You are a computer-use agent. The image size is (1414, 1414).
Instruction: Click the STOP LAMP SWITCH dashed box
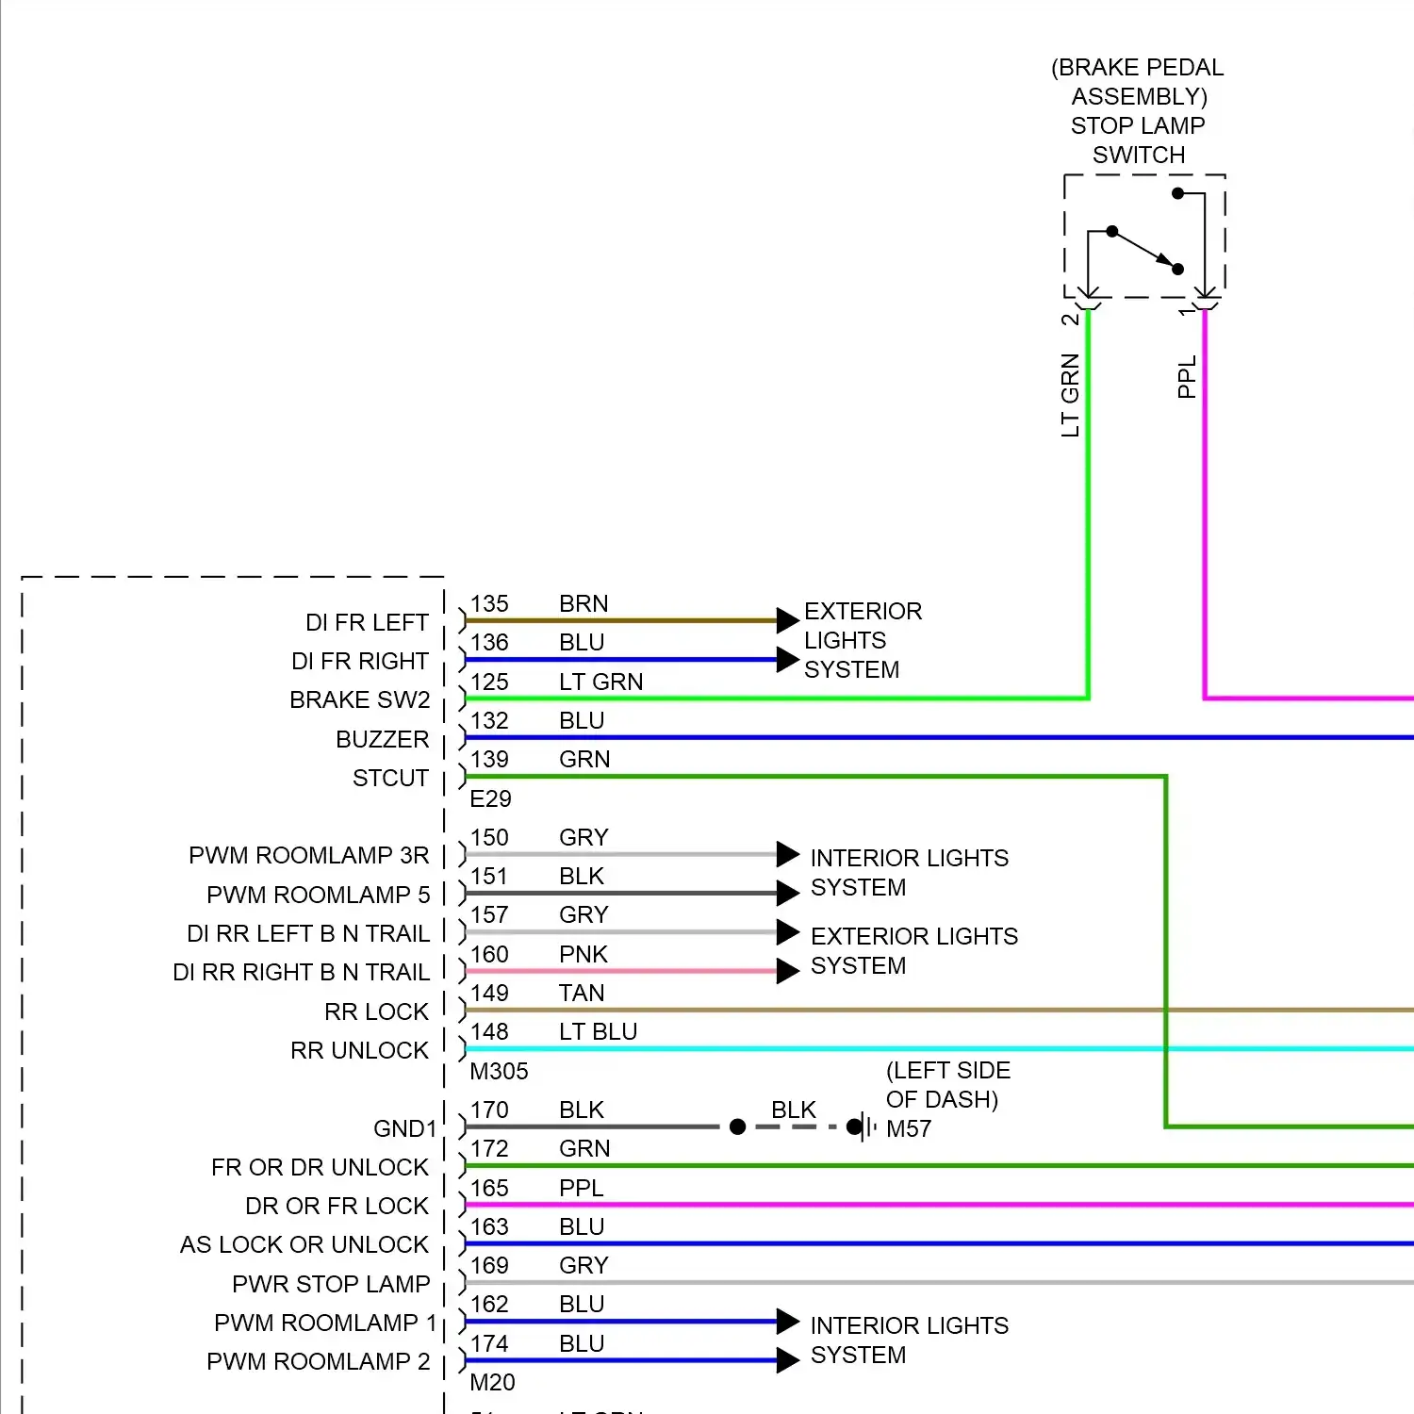[1144, 236]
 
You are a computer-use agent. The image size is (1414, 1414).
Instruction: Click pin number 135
[489, 603]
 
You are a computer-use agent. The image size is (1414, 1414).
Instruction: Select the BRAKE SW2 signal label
[359, 700]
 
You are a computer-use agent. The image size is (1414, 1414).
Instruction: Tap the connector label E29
[490, 798]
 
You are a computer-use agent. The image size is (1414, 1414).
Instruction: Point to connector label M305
[499, 1071]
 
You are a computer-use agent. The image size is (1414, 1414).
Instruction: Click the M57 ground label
[909, 1128]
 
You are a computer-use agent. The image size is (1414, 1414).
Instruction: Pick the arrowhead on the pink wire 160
[787, 971]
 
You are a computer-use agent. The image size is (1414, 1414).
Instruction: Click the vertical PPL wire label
[1187, 376]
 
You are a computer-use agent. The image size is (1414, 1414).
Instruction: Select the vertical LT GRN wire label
[1070, 395]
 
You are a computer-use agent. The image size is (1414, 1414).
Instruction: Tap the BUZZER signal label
[382, 739]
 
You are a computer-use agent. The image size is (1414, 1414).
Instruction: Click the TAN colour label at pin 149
[581, 993]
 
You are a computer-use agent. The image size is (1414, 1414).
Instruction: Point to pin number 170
[489, 1110]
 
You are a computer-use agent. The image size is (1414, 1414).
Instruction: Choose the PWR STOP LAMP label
[331, 1284]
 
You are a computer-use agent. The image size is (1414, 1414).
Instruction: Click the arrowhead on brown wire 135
[787, 620]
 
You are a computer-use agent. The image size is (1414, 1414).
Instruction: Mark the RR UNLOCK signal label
[359, 1050]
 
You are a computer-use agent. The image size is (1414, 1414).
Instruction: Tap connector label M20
[492, 1382]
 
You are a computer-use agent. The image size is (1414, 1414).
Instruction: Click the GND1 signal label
[405, 1128]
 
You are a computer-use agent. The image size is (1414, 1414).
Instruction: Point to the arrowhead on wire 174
[787, 1360]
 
